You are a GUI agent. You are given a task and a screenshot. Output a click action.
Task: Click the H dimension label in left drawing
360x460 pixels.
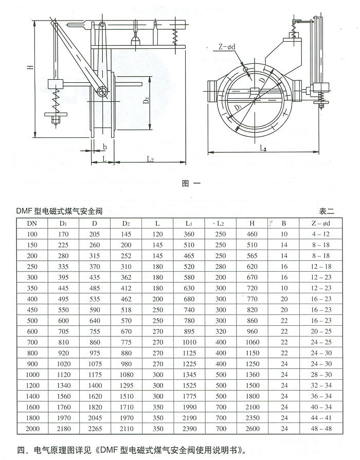(x=30, y=67)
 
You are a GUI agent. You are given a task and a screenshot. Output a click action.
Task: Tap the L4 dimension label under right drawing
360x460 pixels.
(x=263, y=148)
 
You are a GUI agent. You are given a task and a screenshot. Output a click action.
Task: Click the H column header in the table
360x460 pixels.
(x=252, y=223)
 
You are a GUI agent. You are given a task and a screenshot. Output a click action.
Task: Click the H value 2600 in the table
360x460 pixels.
(x=252, y=429)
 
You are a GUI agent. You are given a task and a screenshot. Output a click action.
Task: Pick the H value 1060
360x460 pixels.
(x=252, y=342)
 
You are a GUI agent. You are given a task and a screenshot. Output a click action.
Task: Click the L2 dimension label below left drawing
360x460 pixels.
(x=150, y=160)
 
